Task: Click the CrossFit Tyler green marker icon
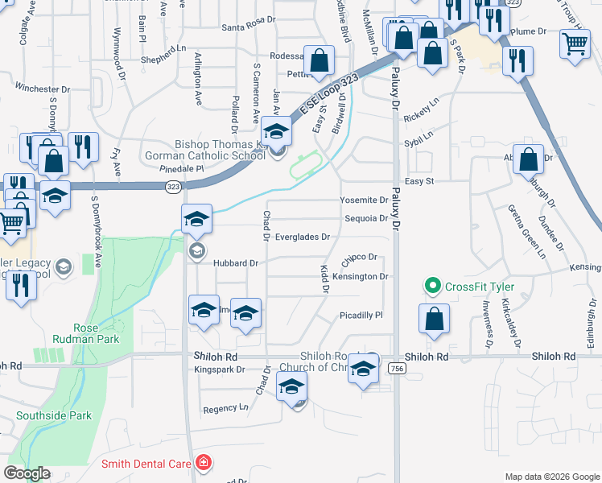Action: point(432,286)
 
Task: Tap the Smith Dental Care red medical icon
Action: point(204,463)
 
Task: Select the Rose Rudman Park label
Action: point(97,333)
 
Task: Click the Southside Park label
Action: point(54,415)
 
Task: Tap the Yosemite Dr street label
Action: point(364,200)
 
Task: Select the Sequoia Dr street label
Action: point(366,218)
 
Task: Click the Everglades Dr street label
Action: point(303,237)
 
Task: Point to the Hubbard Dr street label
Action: point(235,263)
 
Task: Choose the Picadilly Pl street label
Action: point(361,316)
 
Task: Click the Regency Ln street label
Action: point(225,408)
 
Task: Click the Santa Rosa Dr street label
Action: point(249,27)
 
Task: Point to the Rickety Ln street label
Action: point(422,117)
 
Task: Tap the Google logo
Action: point(27,473)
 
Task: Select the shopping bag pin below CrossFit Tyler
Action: point(434,319)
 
